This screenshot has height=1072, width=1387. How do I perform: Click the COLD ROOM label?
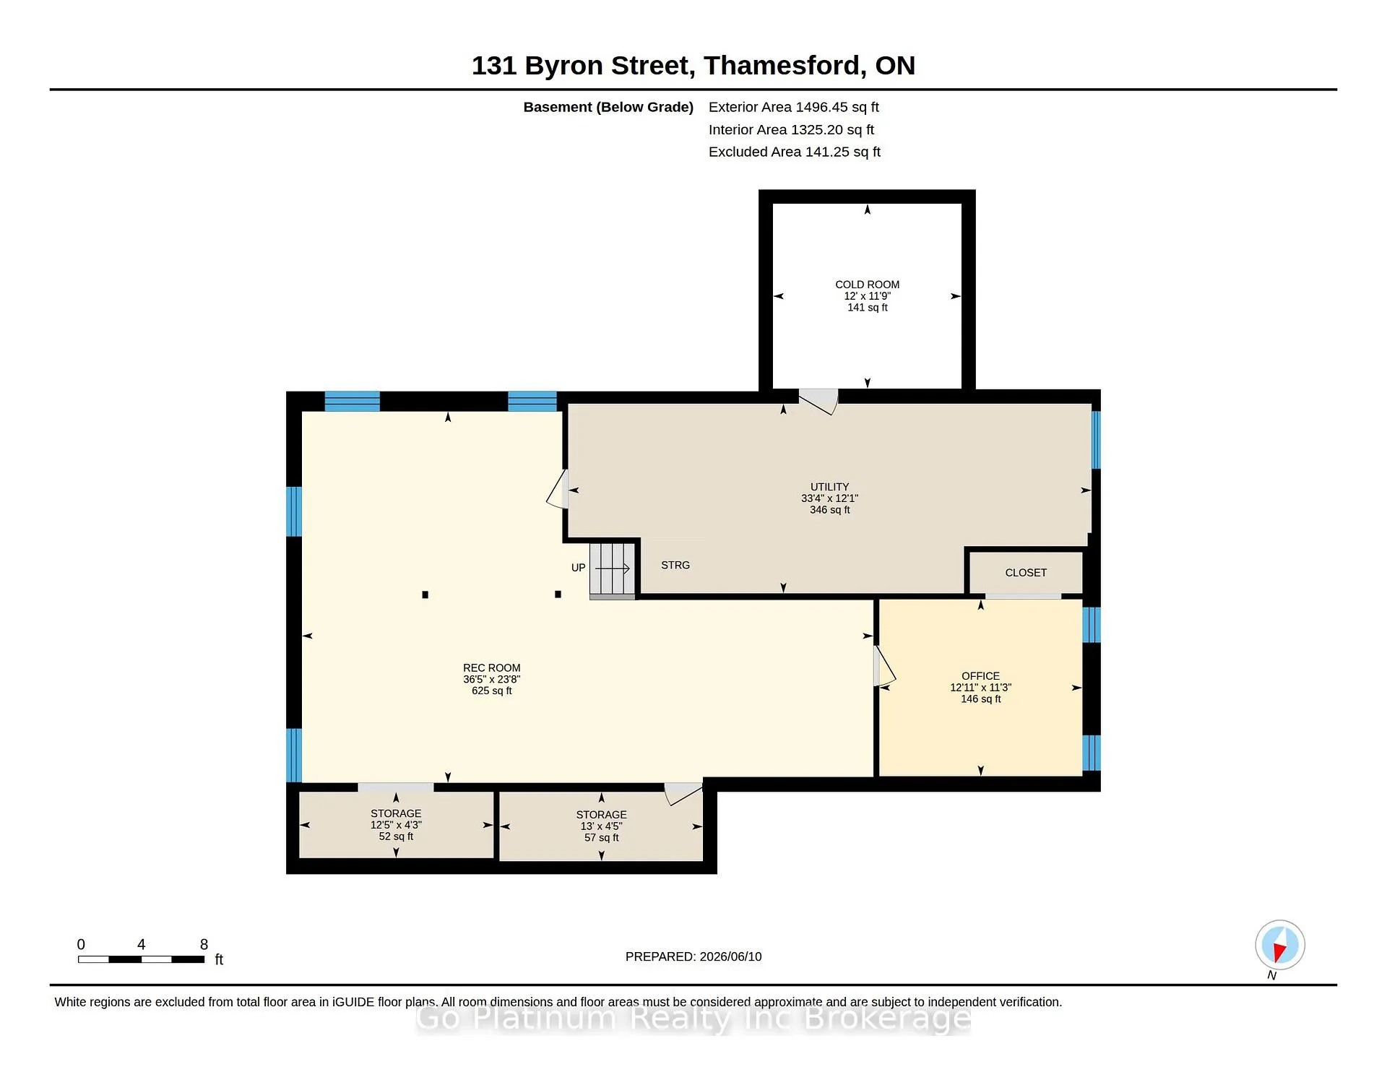coord(867,285)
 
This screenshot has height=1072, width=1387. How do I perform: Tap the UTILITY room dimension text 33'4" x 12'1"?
coord(829,498)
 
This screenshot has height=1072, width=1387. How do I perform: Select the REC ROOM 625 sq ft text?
coord(492,691)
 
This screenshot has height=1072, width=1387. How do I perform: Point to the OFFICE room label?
coord(980,676)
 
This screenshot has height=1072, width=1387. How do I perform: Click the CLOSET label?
coord(1026,573)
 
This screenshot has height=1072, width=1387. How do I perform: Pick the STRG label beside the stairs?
coord(675,565)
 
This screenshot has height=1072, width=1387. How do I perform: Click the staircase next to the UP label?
coord(613,571)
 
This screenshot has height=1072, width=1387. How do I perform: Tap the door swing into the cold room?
coord(818,402)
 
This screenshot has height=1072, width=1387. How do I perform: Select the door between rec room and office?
coord(884,665)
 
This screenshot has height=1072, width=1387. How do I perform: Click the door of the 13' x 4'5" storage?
coord(683,793)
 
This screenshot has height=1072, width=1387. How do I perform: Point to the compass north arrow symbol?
coord(1279,945)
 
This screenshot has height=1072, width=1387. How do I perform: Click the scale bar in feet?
coord(142,959)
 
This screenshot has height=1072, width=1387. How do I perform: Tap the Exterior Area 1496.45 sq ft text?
coord(794,107)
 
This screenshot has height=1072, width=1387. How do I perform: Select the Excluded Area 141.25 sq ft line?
coord(795,152)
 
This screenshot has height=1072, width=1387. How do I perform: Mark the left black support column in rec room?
coord(425,595)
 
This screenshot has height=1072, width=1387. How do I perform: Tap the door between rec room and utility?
coord(558,489)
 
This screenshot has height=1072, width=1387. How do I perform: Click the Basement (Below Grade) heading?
coord(608,107)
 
